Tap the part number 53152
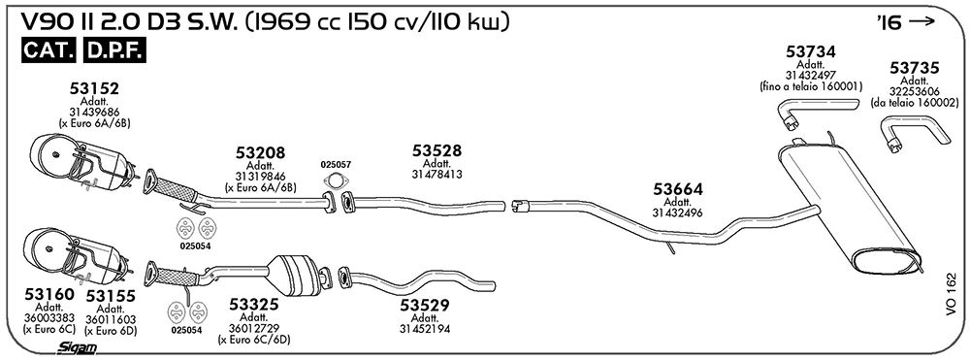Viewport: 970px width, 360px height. tap(94, 89)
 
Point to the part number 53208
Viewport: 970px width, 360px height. tap(260, 152)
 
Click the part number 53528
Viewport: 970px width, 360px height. tap(437, 150)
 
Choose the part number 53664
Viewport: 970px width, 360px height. tap(678, 189)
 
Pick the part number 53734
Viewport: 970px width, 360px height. tap(811, 51)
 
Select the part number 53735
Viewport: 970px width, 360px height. tap(915, 67)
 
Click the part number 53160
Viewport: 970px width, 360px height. tap(49, 294)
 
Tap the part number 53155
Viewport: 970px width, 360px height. tap(111, 296)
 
